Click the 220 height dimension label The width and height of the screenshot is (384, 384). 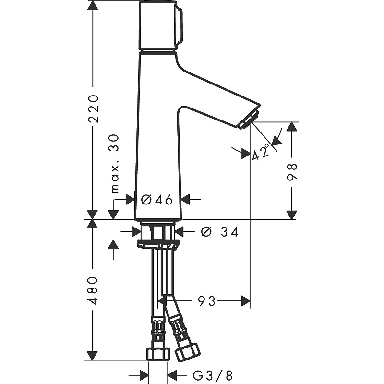pos(94,108)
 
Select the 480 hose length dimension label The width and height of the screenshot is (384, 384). pos(93,290)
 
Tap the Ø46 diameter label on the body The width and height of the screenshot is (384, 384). pos(157,200)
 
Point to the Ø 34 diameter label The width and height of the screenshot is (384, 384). pos(219,232)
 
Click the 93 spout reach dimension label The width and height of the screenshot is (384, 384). pos(206,301)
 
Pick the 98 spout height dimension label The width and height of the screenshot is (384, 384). pos(292,172)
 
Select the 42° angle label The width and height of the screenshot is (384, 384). pos(261,153)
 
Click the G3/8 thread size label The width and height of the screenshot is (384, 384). pos(212,375)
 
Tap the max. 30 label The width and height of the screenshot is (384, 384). pos(115,164)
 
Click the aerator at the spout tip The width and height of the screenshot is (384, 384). pos(249,119)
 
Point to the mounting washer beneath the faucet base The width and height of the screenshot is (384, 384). pos(158,244)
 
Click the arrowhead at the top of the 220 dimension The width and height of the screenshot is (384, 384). pos(93,5)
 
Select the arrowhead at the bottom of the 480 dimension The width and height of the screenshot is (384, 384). pos(92,356)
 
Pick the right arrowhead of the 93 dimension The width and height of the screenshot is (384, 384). pos(246,301)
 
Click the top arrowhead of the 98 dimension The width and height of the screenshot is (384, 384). pos(291,127)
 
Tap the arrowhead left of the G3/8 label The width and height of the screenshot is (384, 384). pos(144,375)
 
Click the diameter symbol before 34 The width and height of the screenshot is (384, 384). pos(206,232)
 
